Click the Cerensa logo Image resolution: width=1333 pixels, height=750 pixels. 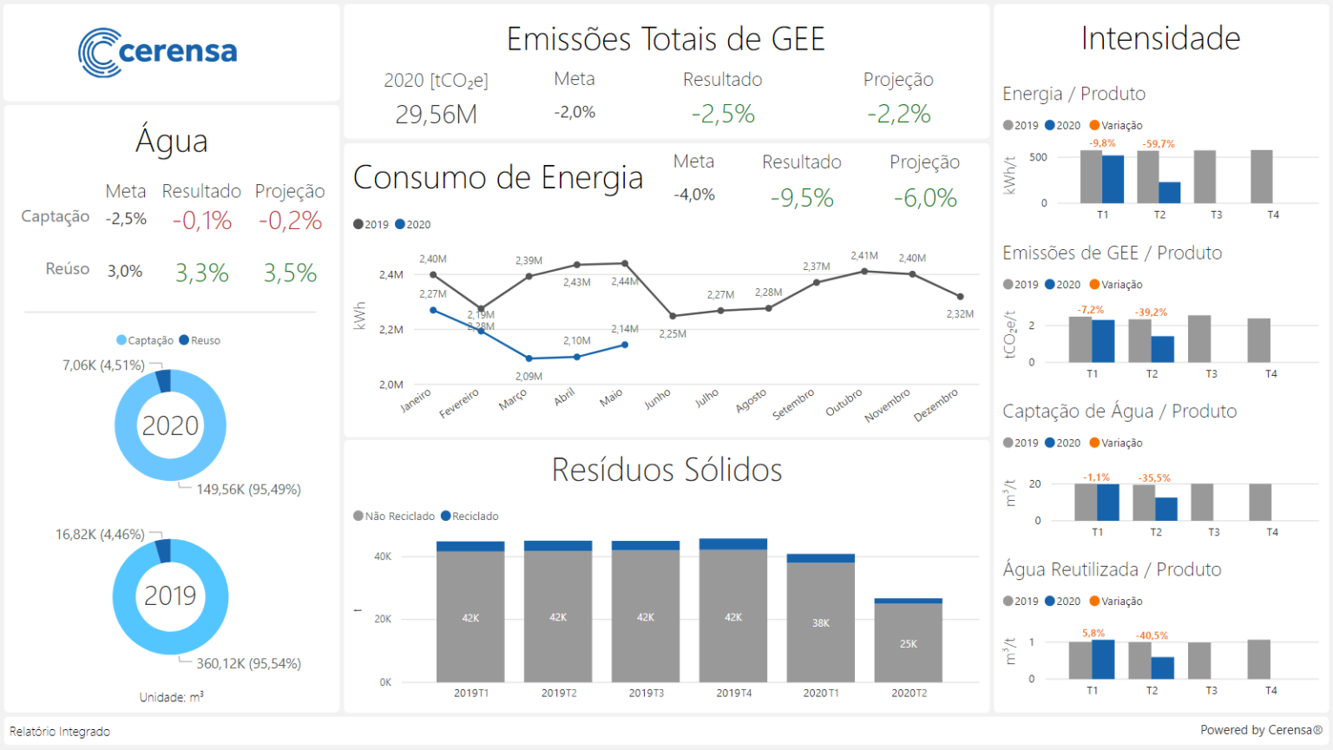tap(158, 52)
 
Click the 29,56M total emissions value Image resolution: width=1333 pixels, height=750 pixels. tap(436, 115)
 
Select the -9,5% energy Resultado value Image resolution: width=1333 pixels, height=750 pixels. tap(802, 198)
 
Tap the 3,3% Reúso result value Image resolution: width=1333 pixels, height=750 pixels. tap(202, 273)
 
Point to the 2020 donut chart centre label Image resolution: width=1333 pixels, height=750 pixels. tap(170, 425)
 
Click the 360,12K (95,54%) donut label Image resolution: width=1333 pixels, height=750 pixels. tap(248, 663)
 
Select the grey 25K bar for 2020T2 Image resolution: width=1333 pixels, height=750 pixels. tap(908, 642)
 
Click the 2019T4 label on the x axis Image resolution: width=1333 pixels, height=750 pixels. tap(733, 693)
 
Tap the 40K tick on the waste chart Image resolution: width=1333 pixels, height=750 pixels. tap(383, 556)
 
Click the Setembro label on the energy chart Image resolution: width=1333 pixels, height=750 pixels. tap(793, 405)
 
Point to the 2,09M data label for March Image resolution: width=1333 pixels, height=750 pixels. tap(529, 376)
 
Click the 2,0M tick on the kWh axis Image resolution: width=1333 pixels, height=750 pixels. tap(391, 385)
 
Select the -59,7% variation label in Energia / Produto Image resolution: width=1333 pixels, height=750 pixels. tap(1159, 144)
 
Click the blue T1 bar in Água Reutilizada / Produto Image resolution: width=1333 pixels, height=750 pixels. tap(1103, 659)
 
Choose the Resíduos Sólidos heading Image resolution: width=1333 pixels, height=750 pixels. tap(666, 470)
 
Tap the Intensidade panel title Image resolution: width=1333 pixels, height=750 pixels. tap(1160, 38)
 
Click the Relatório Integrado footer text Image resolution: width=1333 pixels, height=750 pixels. tap(60, 732)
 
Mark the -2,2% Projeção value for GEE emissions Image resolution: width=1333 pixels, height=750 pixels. tap(898, 114)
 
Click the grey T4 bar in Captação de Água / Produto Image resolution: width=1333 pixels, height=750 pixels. tap(1260, 502)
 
